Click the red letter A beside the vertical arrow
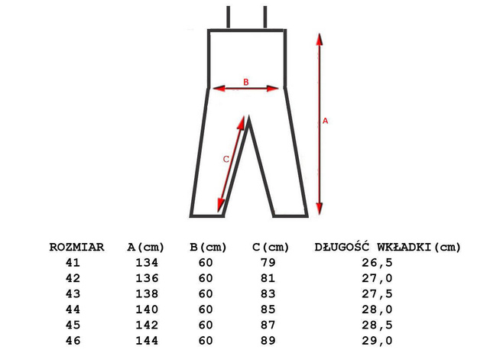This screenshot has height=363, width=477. tap(325, 121)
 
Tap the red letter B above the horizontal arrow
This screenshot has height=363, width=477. tap(246, 82)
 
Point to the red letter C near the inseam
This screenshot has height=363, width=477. tap(226, 159)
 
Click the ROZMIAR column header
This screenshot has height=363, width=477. tap(76, 247)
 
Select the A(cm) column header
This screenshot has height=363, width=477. tap(145, 247)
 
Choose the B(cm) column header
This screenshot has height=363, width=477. tap(208, 247)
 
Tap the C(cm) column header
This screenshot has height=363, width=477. tap(271, 247)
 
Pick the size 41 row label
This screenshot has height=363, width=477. tap(73, 263)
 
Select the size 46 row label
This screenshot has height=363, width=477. tap(73, 341)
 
